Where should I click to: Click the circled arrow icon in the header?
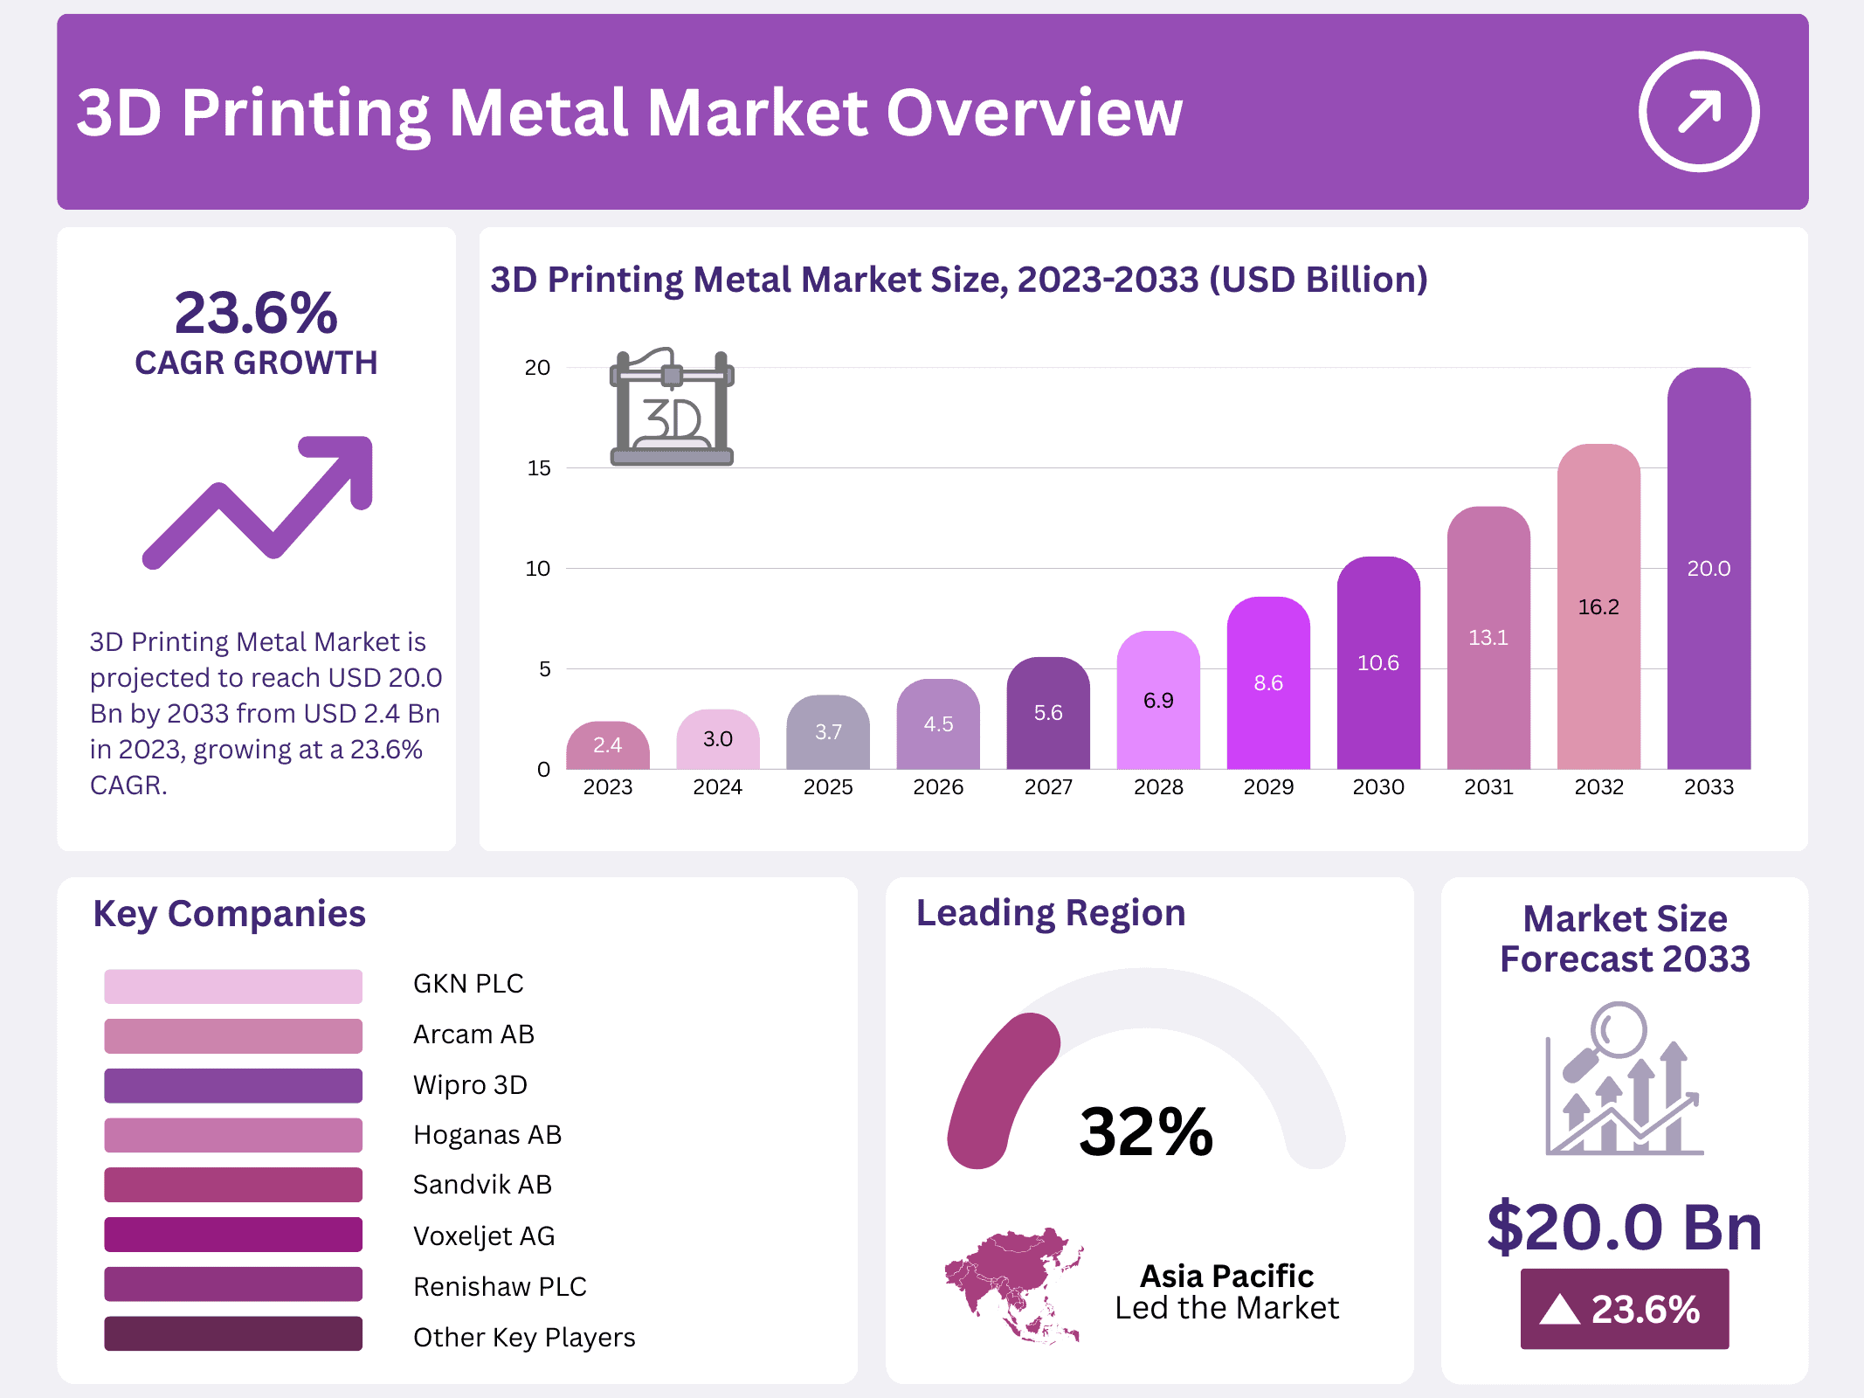coord(1698,112)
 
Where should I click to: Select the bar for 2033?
coord(1708,568)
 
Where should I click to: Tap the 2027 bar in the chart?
coord(1047,713)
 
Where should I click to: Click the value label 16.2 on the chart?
coord(1598,607)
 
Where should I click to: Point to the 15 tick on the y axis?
coord(539,468)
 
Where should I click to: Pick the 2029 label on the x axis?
coord(1268,787)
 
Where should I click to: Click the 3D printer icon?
coord(672,407)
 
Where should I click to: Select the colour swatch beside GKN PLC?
coord(233,986)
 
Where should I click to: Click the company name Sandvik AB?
coord(482,1185)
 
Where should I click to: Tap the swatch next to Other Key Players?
coord(233,1334)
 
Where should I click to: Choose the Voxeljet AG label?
coord(484,1235)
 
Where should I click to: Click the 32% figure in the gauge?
coord(1146,1132)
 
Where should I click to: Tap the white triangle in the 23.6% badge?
coord(1559,1310)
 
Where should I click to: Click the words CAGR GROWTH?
coord(256,363)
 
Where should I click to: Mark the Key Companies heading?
coord(229,914)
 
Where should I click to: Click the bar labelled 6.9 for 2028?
coord(1158,700)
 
